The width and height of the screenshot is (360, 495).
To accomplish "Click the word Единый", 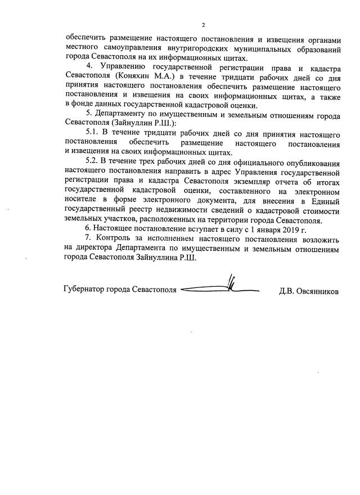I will coord(327,200).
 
